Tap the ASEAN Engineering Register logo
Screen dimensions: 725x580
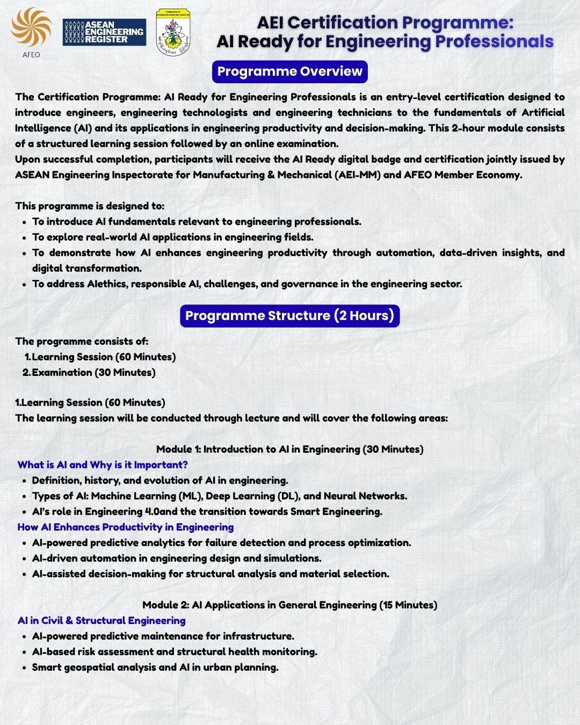tap(104, 32)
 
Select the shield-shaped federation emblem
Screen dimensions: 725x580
tap(173, 32)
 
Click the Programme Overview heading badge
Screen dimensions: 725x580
tap(290, 71)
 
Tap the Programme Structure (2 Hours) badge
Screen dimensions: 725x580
tap(290, 315)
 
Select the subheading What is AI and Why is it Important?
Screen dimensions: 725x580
tap(103, 465)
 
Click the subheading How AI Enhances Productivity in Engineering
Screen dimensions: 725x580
tap(125, 527)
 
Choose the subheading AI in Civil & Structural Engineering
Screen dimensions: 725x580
tap(102, 620)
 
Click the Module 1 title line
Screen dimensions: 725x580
tap(290, 449)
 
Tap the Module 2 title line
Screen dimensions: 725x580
tap(290, 605)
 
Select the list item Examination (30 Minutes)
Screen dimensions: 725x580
tap(93, 372)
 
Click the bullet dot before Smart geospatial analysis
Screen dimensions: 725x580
tap(25, 668)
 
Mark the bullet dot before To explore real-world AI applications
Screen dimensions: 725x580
tap(25, 237)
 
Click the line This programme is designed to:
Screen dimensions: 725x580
tap(90, 206)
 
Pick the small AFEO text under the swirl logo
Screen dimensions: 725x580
tap(31, 55)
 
